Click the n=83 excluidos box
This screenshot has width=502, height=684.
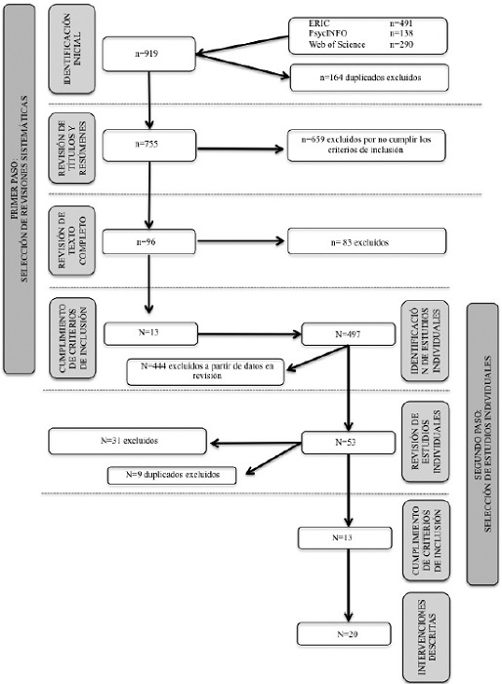pos(367,239)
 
